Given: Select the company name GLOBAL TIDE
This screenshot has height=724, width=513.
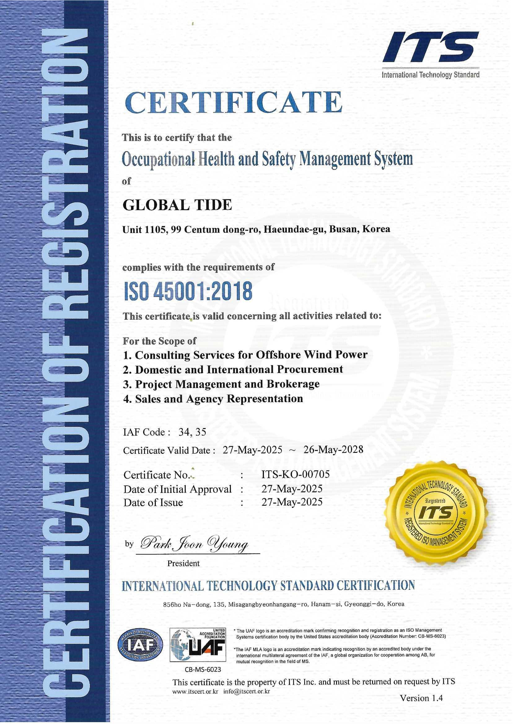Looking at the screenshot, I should (177, 205).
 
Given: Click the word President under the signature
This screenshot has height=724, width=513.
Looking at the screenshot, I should (183, 563).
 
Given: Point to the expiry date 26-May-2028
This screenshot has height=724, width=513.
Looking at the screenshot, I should (333, 449).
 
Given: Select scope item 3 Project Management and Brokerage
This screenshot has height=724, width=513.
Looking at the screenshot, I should (221, 384).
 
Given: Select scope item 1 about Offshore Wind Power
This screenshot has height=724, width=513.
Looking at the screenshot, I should (245, 355).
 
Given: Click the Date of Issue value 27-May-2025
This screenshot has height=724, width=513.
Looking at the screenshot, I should (292, 502).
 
